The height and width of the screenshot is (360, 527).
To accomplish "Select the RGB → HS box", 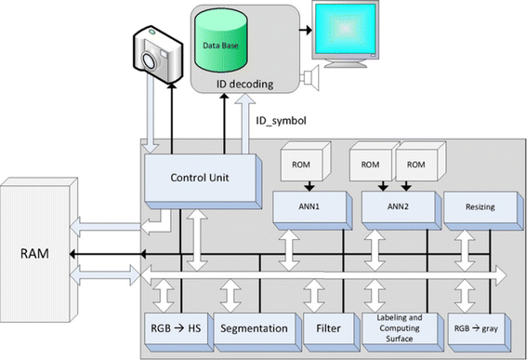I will point(178,328).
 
